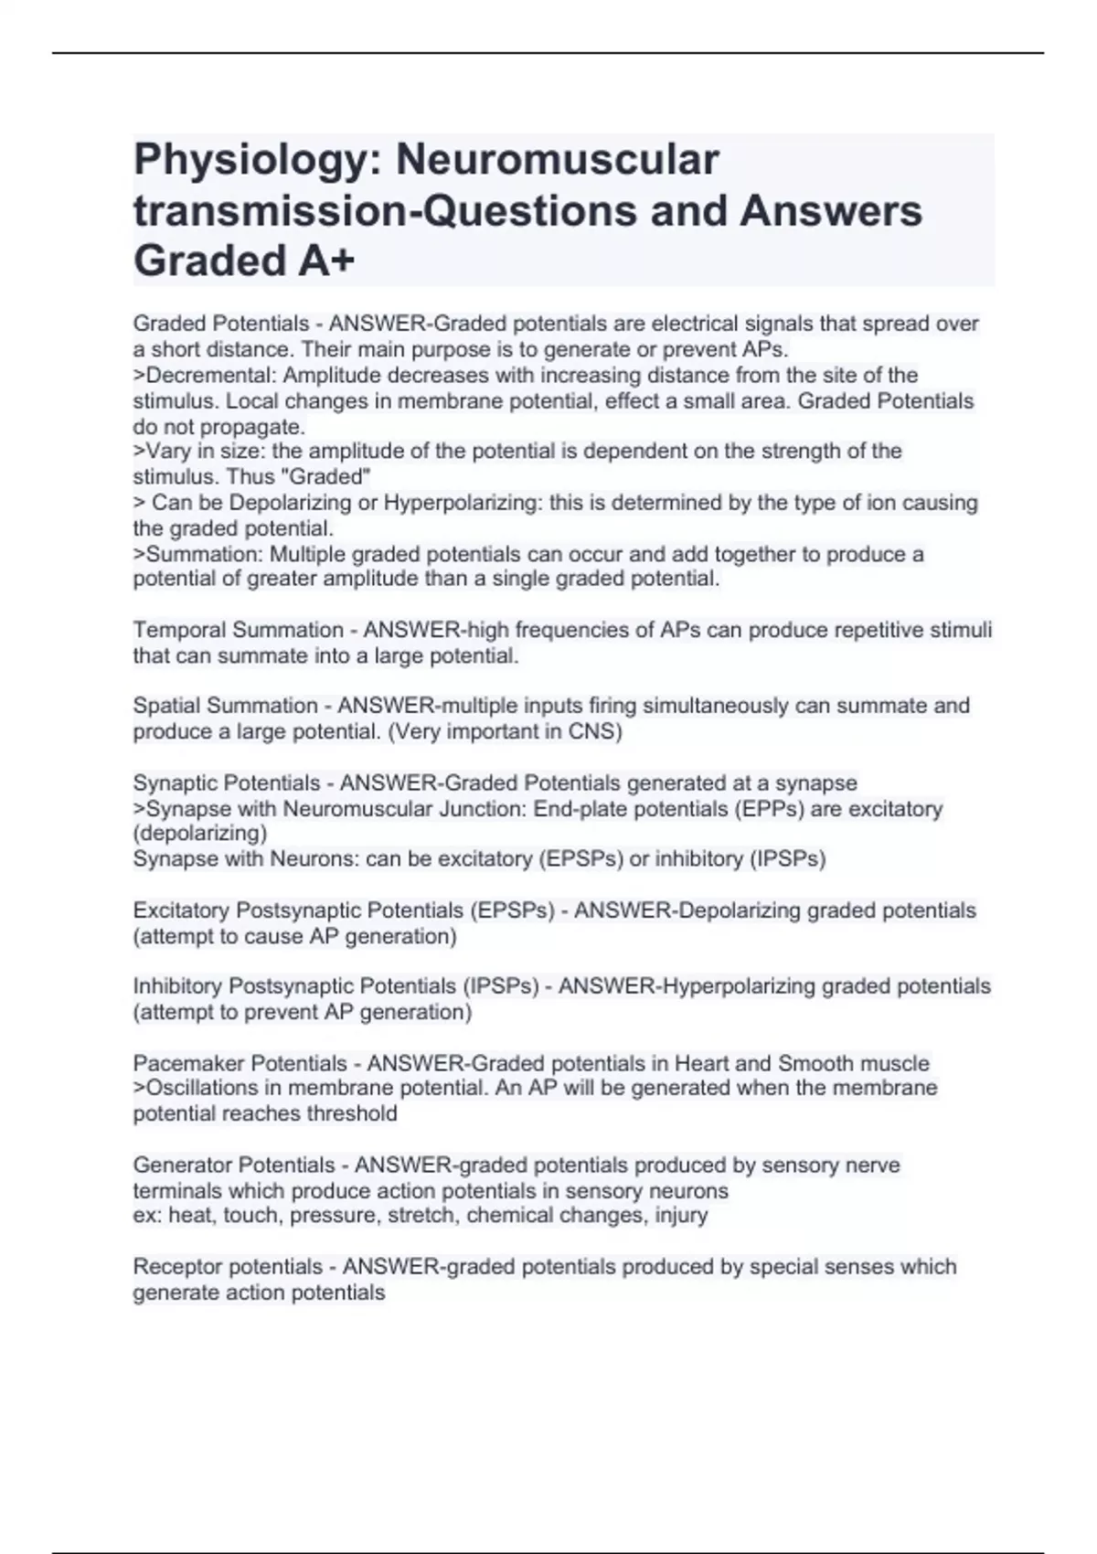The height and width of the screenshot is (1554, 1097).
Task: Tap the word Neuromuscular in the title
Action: tap(557, 160)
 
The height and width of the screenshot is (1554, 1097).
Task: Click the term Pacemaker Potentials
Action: tap(240, 1063)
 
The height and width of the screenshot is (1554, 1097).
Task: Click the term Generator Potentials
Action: tap(233, 1165)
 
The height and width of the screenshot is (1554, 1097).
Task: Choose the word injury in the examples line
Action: tap(681, 1216)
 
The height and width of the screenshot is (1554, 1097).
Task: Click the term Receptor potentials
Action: tap(228, 1267)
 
